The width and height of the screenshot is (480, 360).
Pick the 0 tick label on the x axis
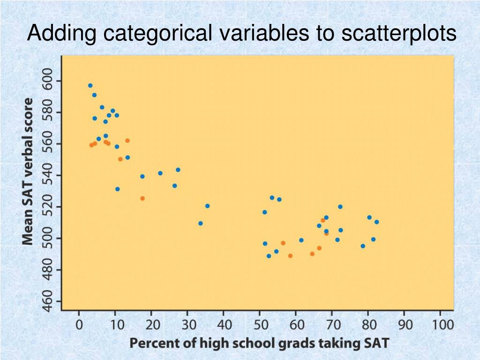(x=79, y=324)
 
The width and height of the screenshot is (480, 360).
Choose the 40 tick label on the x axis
(x=224, y=324)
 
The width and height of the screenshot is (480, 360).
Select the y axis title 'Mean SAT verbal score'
(x=29, y=171)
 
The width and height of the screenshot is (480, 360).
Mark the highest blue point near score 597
(x=90, y=86)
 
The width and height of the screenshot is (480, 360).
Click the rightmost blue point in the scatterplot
(x=376, y=222)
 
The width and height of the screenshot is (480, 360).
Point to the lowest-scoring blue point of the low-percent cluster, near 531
(x=117, y=189)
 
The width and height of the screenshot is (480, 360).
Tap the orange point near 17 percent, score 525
(x=142, y=198)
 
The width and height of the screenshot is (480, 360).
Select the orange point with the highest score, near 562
(x=127, y=141)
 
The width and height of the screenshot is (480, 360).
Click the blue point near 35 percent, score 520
(x=207, y=206)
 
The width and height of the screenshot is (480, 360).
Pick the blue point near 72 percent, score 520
(x=340, y=207)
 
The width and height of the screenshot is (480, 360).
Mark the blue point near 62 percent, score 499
(x=301, y=240)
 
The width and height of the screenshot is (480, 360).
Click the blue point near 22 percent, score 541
(x=160, y=173)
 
